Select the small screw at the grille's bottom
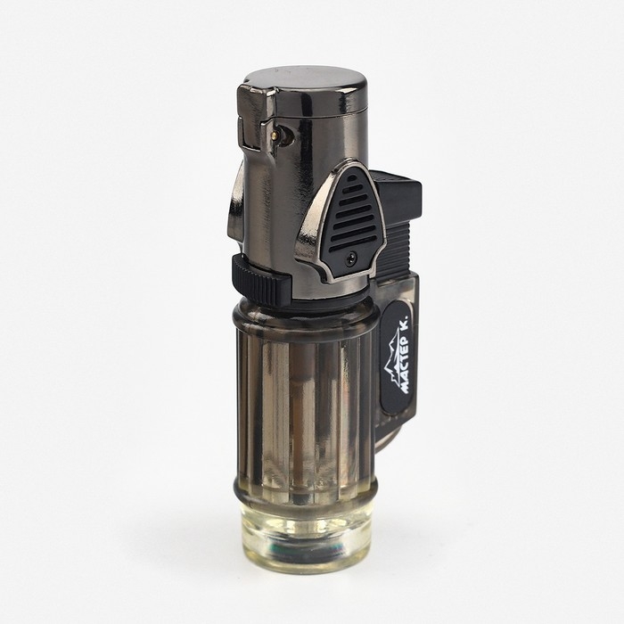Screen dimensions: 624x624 (350, 257)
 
